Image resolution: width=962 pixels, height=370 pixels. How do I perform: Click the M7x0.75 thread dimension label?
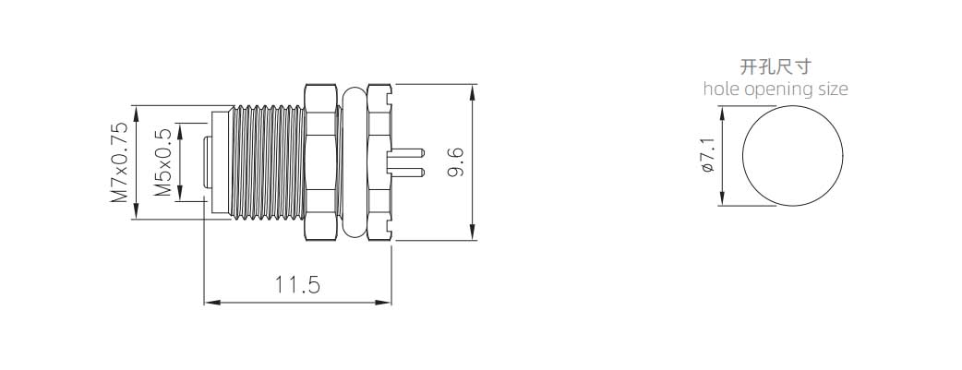(x=119, y=162)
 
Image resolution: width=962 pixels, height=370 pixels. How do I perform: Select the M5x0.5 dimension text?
(x=162, y=162)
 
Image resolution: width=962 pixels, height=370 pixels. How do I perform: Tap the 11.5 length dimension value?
(x=297, y=285)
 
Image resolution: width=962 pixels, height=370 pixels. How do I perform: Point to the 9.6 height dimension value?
(x=455, y=162)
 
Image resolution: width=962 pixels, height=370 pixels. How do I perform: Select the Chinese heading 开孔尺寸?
(x=776, y=66)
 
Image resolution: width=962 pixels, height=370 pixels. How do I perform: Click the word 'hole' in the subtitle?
(x=722, y=89)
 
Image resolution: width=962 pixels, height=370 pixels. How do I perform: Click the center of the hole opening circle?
(x=792, y=155)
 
